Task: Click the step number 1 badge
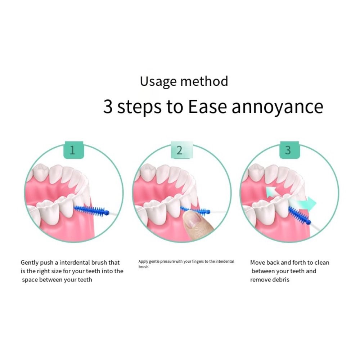[73, 150]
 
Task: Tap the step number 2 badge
[182, 150]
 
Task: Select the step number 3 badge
[289, 150]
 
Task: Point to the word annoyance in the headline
[277, 107]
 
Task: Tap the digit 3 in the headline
[108, 106]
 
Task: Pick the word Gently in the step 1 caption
[30, 263]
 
